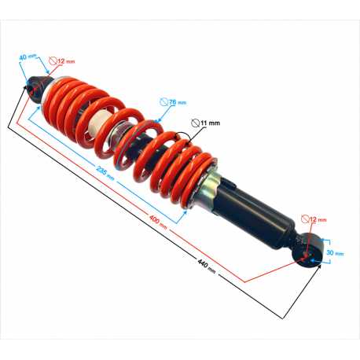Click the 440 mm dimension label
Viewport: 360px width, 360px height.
tap(207, 266)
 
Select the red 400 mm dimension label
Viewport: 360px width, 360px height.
tap(158, 222)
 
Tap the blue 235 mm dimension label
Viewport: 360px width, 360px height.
tap(105, 173)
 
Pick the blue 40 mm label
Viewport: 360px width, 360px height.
tap(28, 57)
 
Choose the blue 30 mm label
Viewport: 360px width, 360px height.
tap(335, 253)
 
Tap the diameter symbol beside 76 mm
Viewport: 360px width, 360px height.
tap(164, 101)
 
